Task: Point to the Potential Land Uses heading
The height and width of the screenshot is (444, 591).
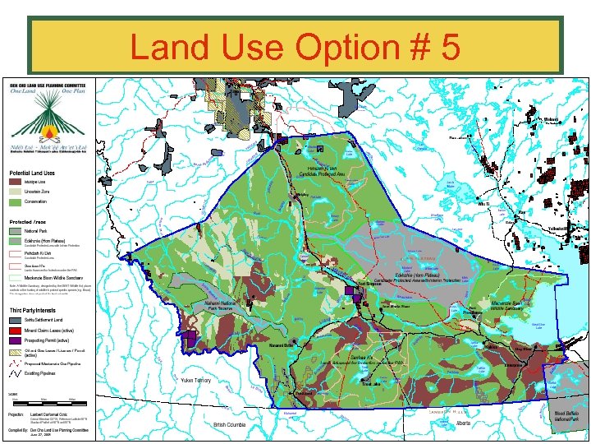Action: coord(32,172)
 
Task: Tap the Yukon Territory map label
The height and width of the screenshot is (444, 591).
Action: coord(196,381)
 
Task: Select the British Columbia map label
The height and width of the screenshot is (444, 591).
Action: coord(230,425)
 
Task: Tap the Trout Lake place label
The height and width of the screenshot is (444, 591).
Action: coord(370,384)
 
